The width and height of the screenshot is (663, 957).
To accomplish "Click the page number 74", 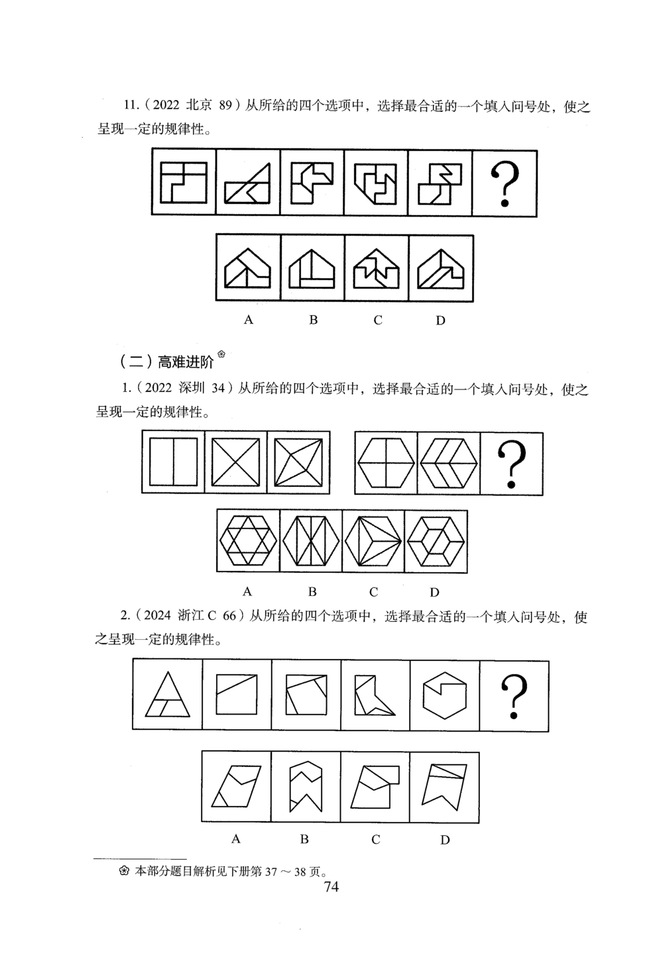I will click(x=331, y=887).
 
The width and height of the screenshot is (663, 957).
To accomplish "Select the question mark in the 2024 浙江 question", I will click(x=514, y=696).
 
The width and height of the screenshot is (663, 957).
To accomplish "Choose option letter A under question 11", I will click(x=249, y=320).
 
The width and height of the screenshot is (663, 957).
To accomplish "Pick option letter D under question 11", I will click(x=440, y=321).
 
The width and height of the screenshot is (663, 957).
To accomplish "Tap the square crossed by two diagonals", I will click(x=235, y=463).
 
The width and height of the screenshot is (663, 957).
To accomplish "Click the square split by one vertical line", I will click(x=173, y=463).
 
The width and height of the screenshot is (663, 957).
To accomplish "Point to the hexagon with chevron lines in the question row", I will click(x=448, y=464).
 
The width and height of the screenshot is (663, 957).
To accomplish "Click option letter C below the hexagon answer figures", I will click(x=373, y=591).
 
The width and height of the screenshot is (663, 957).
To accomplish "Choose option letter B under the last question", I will click(x=304, y=839).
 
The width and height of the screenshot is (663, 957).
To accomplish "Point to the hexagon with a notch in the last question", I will click(x=445, y=695).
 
